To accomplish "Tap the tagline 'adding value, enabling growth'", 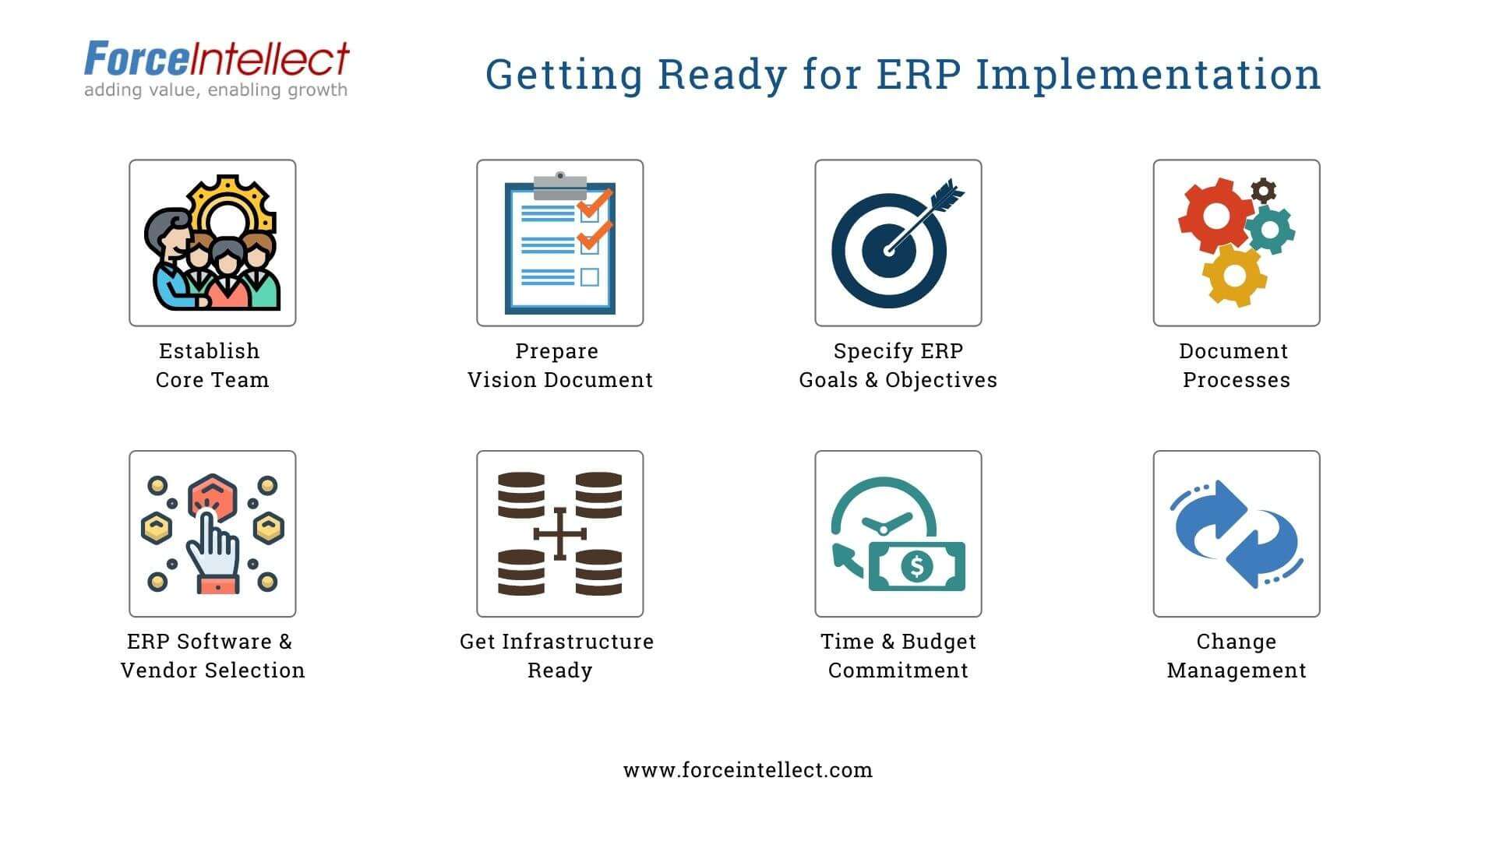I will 216,90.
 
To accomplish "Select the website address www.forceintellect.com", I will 747,770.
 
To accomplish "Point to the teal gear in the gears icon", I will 1269,230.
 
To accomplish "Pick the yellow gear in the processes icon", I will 1233,275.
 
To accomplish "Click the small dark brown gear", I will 1263,190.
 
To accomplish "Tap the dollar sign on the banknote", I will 916,566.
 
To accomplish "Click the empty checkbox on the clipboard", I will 590,277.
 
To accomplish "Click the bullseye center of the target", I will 889,251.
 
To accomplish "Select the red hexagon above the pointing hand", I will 212,495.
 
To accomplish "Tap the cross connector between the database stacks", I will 559,534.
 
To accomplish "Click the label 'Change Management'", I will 1236,656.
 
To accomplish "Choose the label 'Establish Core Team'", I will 211,365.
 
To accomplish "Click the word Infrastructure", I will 577,642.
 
